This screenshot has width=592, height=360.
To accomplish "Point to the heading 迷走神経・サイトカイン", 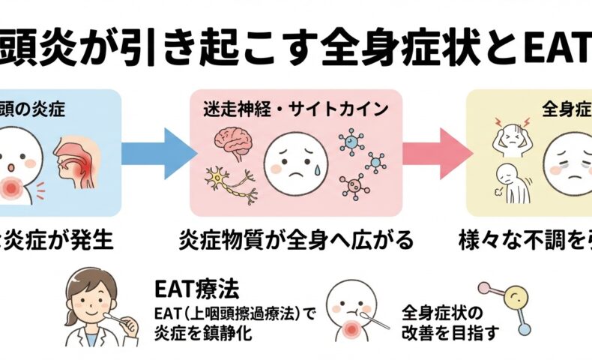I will pos(295,109).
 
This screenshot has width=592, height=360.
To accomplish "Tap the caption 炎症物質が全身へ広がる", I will pos(296,242).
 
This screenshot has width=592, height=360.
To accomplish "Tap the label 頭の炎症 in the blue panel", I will pos(33,109).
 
